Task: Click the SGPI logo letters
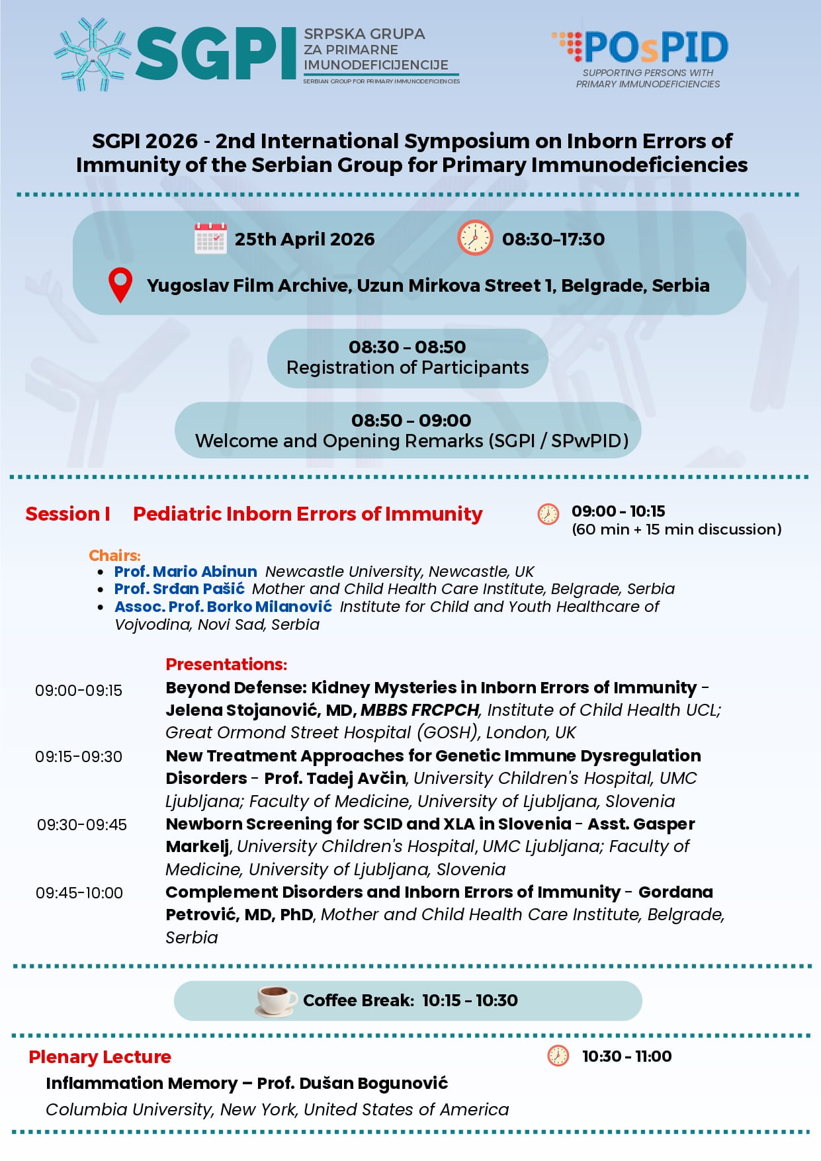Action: pos(216,54)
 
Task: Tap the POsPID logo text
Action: pos(655,48)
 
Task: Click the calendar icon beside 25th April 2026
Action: pos(210,239)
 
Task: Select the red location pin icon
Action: pos(120,285)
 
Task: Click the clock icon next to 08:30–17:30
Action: pos(474,238)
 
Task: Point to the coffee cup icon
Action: pos(276,1000)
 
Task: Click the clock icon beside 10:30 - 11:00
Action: pos(558,1056)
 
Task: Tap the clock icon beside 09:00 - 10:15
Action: pos(548,514)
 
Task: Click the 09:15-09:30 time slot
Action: pos(79,757)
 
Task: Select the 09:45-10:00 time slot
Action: pos(79,893)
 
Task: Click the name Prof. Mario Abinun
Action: pos(185,572)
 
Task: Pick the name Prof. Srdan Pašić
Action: pos(179,589)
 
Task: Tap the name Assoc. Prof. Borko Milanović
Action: pos(223,607)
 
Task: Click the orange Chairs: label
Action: pos(114,555)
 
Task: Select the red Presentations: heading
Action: pos(226,664)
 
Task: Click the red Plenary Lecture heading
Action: pos(100,1057)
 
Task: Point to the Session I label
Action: pos(67,514)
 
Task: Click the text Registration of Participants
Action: pos(408,368)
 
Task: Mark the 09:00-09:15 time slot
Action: pos(79,691)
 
